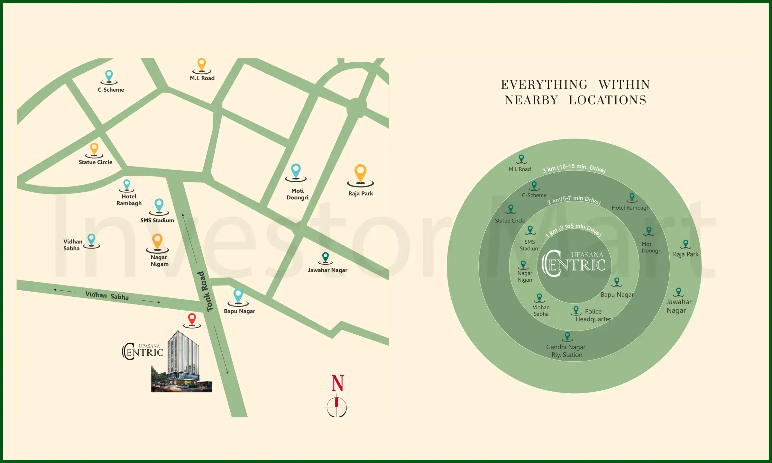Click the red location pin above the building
click(192, 319)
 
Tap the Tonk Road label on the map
click(205, 291)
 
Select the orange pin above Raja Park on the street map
click(360, 173)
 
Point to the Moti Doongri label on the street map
click(298, 194)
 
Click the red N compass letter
click(338, 383)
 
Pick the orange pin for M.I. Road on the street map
click(202, 64)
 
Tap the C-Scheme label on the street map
click(111, 90)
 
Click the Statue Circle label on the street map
click(96, 162)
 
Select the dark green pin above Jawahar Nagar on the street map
click(326, 257)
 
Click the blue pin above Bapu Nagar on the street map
click(238, 295)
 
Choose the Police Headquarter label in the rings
click(593, 315)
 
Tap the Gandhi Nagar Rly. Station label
click(566, 351)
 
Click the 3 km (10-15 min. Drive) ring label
click(574, 168)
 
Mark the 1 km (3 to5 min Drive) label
click(573, 230)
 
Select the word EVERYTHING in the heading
click(544, 85)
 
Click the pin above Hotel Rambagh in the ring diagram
click(632, 197)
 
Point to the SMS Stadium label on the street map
click(157, 221)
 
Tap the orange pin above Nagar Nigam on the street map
click(157, 241)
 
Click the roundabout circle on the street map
click(357, 108)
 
